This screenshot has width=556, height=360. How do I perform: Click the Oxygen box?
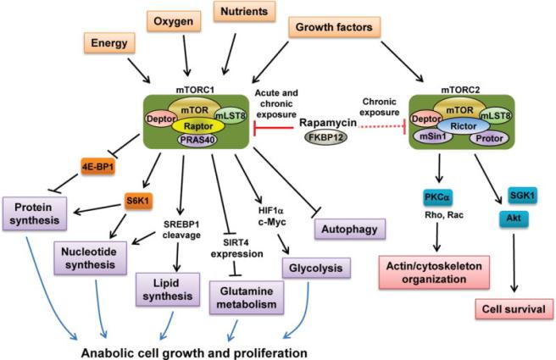pyautogui.click(x=174, y=18)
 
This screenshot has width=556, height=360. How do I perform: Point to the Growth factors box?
pyautogui.click(x=335, y=28)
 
